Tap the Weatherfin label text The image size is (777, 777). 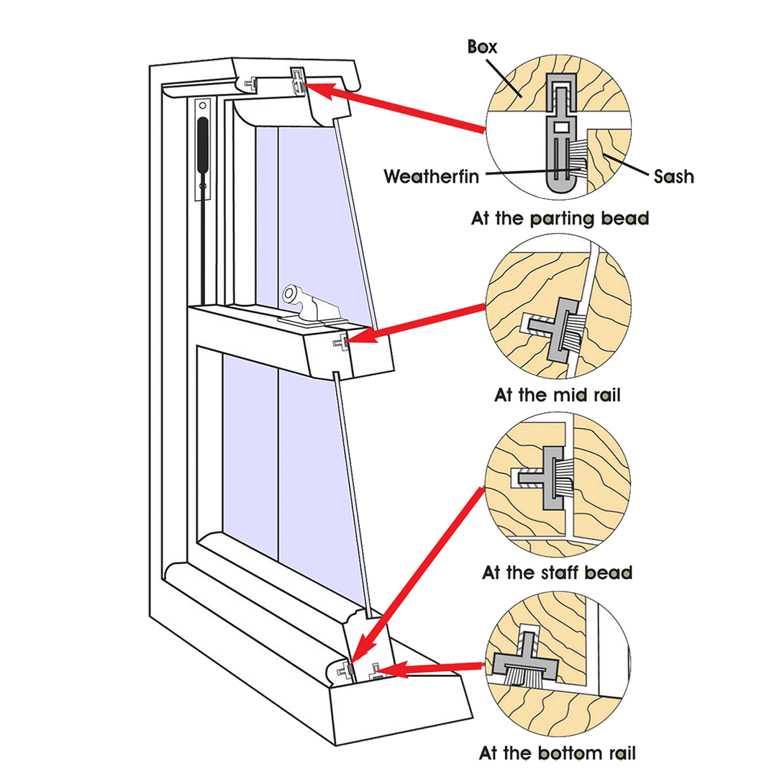coord(431,176)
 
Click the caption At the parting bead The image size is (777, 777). coord(560,217)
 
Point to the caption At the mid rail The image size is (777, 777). coord(558,395)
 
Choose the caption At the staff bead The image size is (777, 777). coord(558,573)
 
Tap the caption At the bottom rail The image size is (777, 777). coord(558,753)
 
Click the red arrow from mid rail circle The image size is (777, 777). coord(424,321)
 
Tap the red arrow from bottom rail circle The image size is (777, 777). coord(432,669)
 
